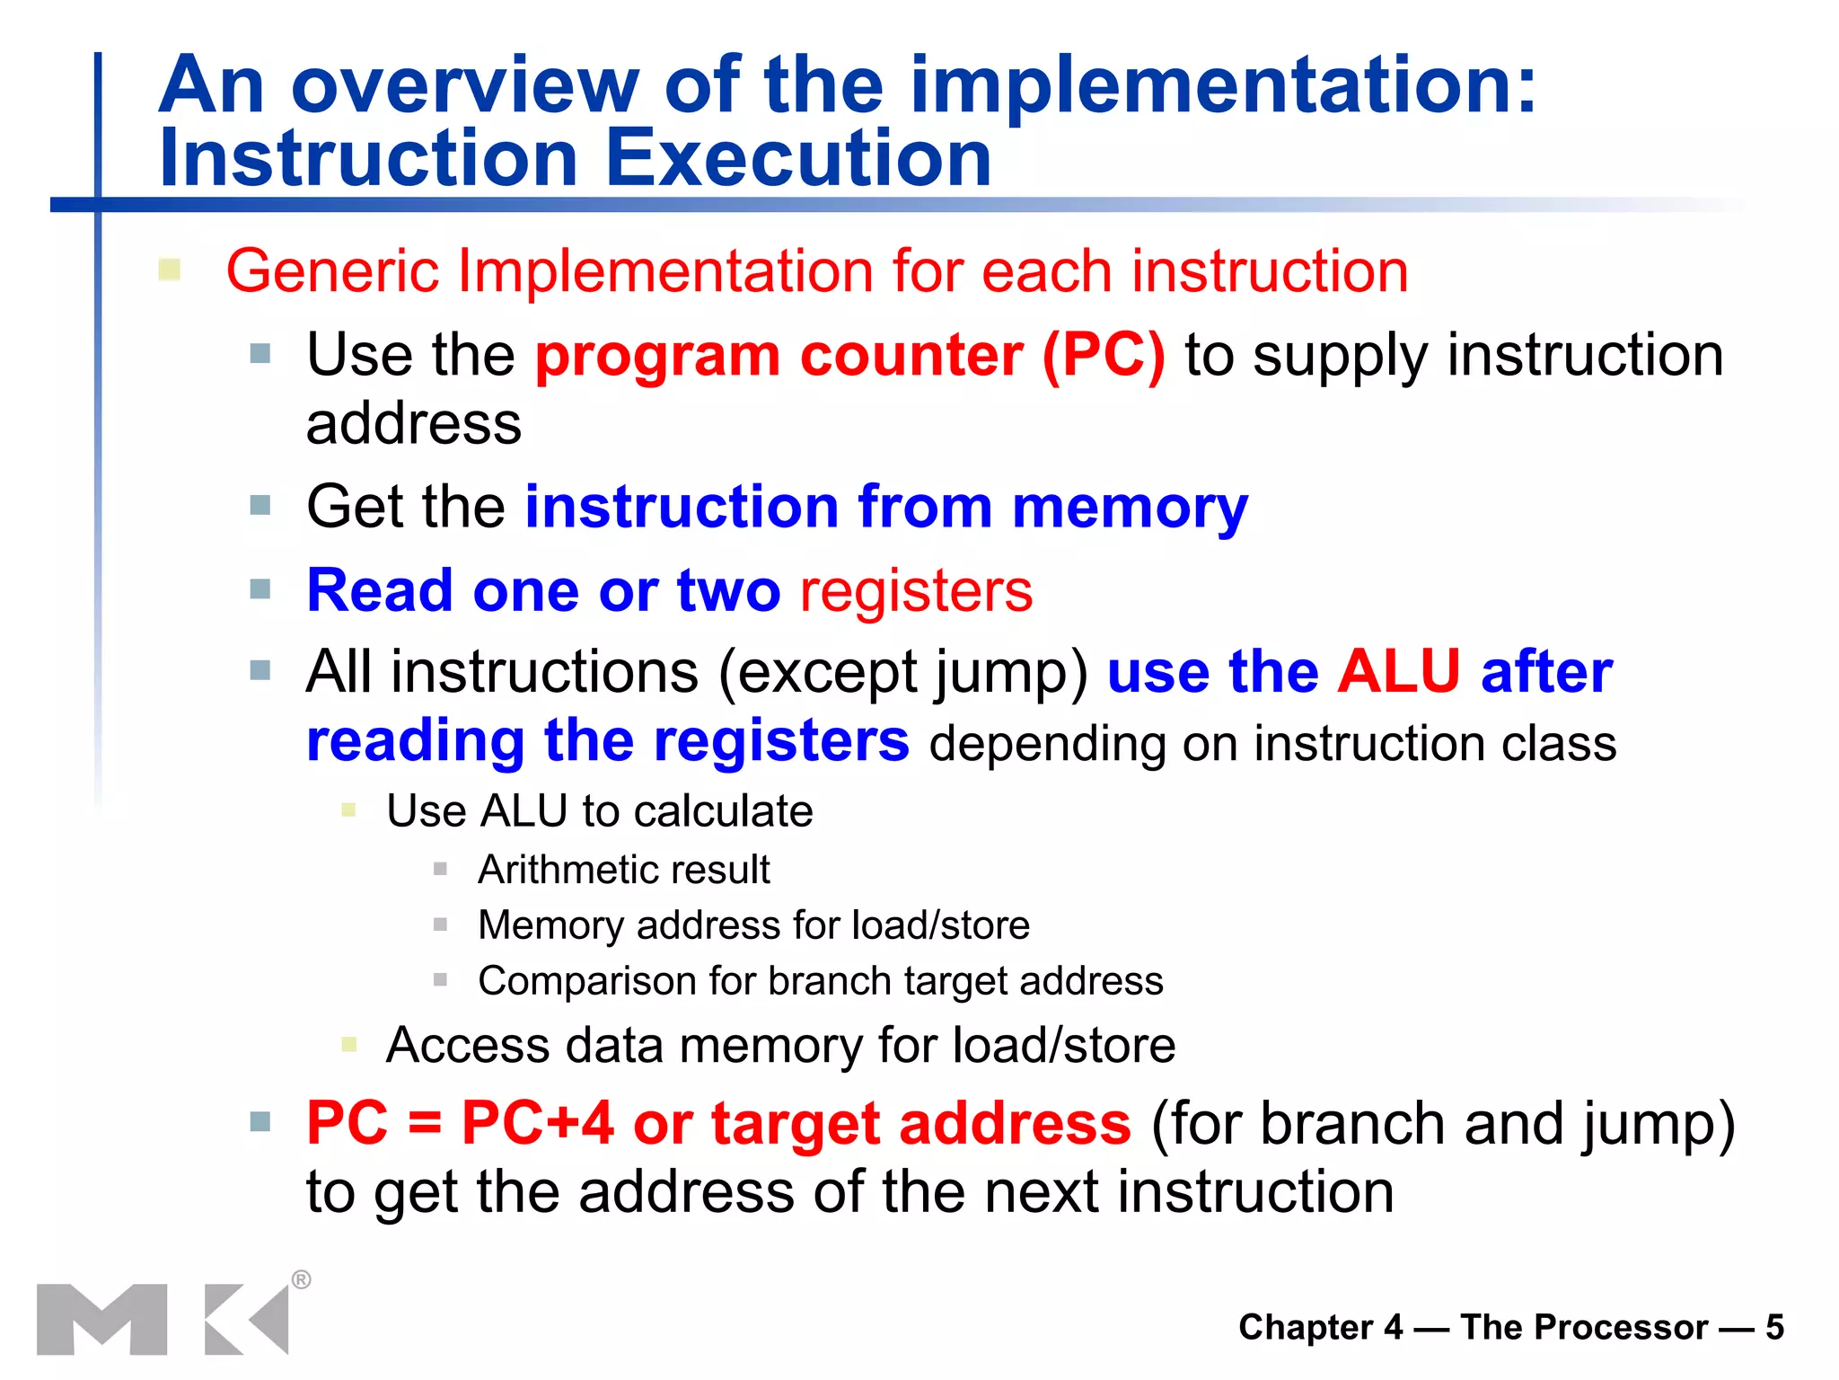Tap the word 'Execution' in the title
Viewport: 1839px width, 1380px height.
[798, 159]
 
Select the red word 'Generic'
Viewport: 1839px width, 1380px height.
[332, 270]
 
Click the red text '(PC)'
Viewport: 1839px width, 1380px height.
[1103, 356]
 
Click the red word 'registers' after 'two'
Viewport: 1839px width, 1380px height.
[915, 591]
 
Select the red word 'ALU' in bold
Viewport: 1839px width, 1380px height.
[1398, 672]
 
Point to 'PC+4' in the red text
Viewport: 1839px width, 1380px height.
[537, 1123]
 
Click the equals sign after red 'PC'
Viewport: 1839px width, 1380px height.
[424, 1125]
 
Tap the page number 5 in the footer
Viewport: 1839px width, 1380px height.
[1774, 1327]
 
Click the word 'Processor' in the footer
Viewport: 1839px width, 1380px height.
[1584, 1327]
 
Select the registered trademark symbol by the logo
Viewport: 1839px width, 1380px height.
[302, 1279]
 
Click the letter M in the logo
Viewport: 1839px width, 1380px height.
[101, 1319]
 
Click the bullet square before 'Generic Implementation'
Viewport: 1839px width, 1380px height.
[170, 270]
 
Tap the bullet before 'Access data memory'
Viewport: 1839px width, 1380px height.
[349, 1044]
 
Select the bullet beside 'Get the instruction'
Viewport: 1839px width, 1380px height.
[260, 506]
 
